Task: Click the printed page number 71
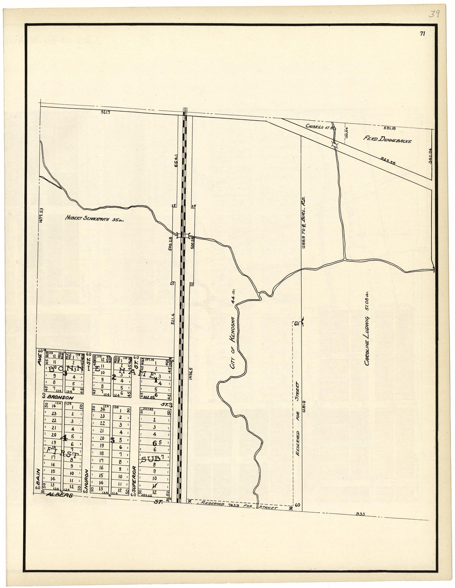point(422,34)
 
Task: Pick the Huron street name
point(86,480)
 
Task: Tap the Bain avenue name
point(38,476)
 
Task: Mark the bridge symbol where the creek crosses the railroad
point(183,236)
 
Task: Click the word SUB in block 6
point(148,459)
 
